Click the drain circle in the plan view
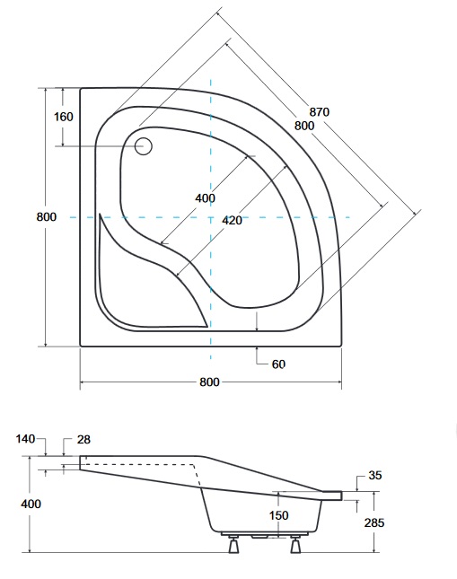(x=143, y=146)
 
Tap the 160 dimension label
(x=64, y=117)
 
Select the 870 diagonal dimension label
(x=320, y=111)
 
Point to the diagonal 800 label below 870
(x=304, y=126)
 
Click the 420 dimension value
(x=232, y=220)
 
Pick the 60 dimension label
(x=278, y=364)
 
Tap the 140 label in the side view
(x=25, y=439)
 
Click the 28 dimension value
(x=83, y=440)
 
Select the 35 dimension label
(x=375, y=475)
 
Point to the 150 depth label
(x=278, y=515)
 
